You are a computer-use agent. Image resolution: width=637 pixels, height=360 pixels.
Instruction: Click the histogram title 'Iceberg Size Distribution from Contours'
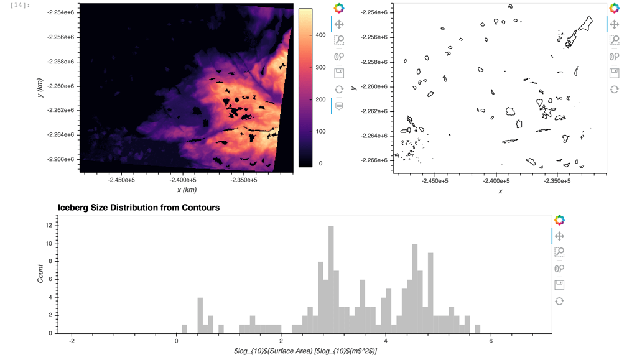pyautogui.click(x=138, y=207)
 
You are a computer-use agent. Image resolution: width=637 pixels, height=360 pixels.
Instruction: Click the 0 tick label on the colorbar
pyautogui.click(x=320, y=164)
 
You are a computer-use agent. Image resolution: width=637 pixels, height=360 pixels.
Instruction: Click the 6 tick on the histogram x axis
pyautogui.click(x=491, y=341)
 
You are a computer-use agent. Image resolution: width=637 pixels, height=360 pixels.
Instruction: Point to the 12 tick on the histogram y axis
pyautogui.click(x=49, y=226)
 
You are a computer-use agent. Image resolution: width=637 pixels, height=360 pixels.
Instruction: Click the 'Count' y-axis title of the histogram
pyautogui.click(x=40, y=274)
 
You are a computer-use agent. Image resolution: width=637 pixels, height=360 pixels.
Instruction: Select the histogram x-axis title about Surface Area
pyautogui.click(x=305, y=351)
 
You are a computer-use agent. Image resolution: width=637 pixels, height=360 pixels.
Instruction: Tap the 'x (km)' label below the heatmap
pyautogui.click(x=187, y=190)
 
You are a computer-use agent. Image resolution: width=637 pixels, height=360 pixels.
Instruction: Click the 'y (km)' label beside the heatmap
pyautogui.click(x=40, y=87)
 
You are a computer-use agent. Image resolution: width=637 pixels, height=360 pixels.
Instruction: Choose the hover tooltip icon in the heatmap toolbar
pyautogui.click(x=339, y=106)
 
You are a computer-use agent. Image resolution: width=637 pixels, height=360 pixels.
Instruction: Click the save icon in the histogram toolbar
pyautogui.click(x=559, y=285)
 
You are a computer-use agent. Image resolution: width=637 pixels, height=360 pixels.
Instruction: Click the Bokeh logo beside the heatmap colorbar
pyautogui.click(x=339, y=8)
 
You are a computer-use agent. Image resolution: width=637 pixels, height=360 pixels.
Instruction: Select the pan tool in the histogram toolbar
pyautogui.click(x=559, y=236)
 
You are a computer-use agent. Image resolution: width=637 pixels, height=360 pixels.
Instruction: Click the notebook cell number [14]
pyautogui.click(x=21, y=6)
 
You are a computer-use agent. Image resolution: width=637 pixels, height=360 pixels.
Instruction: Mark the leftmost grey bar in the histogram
pyautogui.click(x=185, y=329)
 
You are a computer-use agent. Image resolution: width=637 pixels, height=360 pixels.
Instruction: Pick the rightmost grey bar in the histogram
pyautogui.click(x=477, y=329)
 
